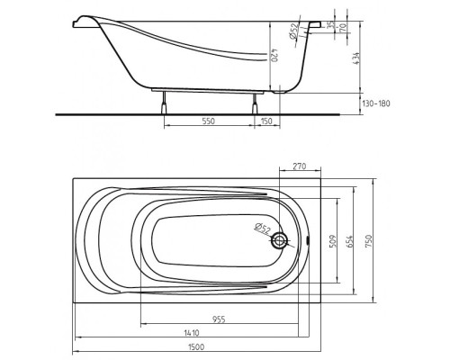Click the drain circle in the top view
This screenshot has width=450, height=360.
pyautogui.click(x=280, y=241)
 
